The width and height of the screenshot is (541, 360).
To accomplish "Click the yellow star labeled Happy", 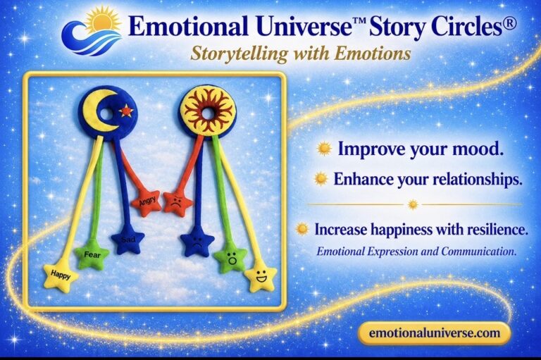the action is point(61,275).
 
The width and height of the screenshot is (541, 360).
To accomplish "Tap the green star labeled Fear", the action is point(92,256).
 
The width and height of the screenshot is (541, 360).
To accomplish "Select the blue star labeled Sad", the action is point(128,240).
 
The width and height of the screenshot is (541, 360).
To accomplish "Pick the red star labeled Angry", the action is point(147,203).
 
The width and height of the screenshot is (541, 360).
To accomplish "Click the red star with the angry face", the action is point(178,203).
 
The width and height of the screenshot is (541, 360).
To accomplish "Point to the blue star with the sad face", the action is point(197,241).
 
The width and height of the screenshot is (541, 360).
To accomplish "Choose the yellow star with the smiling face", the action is point(261,275).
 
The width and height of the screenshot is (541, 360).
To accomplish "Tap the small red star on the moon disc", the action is point(126,111).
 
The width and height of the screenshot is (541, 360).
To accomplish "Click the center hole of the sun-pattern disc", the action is point(208,113).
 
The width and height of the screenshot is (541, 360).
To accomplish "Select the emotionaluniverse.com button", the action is point(435,333).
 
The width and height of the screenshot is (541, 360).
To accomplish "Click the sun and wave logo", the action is point(92,31).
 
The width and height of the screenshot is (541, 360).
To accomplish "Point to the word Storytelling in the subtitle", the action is point(239,54).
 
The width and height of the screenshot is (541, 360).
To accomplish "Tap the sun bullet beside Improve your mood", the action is point(324,149).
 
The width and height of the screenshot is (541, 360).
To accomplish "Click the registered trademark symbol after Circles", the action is point(511,24).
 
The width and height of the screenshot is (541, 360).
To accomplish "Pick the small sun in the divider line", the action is point(413,205).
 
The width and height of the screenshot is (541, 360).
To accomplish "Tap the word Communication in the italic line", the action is point(478,252).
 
